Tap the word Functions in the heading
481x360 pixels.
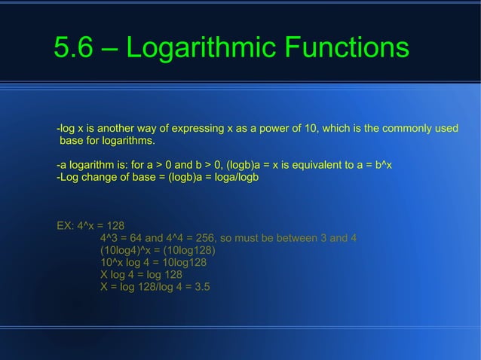(348, 48)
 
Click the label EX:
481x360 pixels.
(66, 225)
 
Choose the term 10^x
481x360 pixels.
(112, 262)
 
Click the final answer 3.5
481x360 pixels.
(201, 287)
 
